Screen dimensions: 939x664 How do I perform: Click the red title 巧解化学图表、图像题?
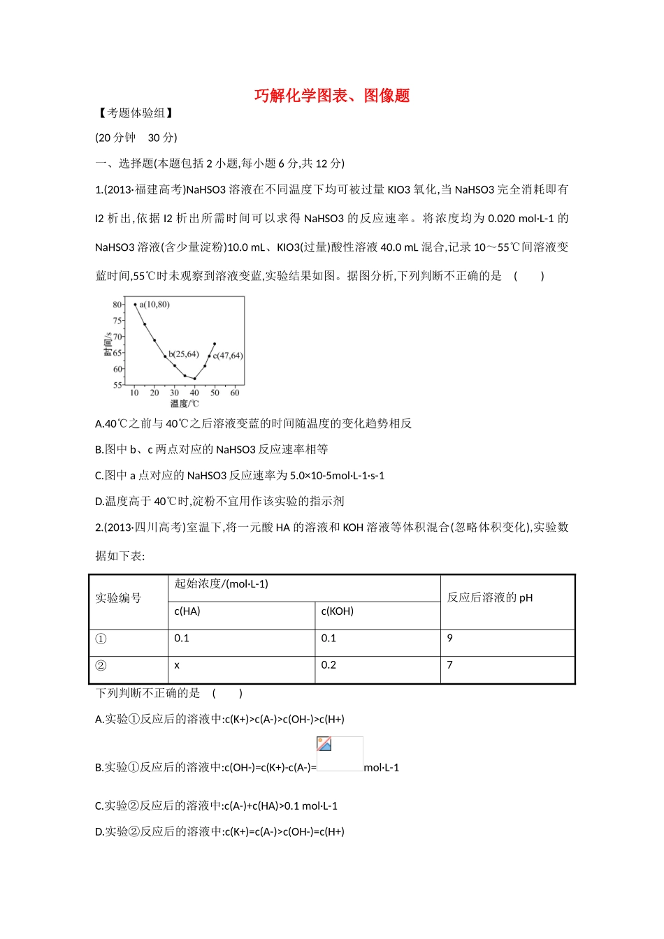tap(332, 96)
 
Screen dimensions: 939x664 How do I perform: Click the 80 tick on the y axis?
tap(117, 305)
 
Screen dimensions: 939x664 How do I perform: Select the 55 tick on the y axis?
tap(117, 385)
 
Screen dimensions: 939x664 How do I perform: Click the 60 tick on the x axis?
tap(235, 393)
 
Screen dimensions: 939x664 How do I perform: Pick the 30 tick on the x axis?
tap(174, 393)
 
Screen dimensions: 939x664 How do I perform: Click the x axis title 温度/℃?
tap(185, 404)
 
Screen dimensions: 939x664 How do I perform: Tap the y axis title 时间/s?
tap(108, 344)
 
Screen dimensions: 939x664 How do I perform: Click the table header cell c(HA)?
tap(187, 611)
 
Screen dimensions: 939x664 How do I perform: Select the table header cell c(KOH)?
tap(337, 611)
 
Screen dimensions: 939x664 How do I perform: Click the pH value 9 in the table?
tap(449, 639)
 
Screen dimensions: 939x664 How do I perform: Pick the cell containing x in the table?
tap(177, 666)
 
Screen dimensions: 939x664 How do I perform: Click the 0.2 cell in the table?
tap(329, 666)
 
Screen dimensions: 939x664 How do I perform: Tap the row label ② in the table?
tap(101, 666)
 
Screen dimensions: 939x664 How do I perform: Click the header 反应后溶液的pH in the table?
tap(489, 598)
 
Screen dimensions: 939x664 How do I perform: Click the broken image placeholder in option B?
tap(340, 753)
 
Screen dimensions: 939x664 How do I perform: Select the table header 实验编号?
tap(118, 599)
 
